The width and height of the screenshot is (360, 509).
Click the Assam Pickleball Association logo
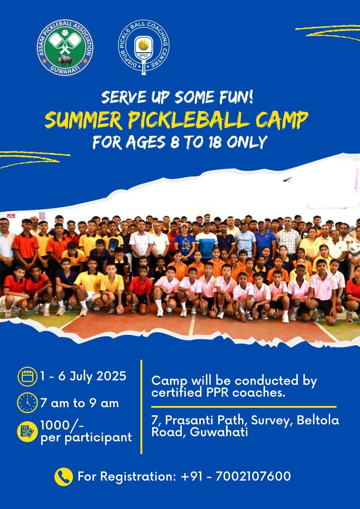65,47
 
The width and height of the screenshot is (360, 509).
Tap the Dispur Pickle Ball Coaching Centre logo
144,48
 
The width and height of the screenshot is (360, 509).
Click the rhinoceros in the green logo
65,60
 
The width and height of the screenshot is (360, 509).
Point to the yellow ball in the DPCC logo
144,45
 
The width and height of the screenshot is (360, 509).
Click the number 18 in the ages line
215,142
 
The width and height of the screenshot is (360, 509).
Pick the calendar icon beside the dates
27,377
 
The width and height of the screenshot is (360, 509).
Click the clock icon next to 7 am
27,403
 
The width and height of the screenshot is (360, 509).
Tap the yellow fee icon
27,432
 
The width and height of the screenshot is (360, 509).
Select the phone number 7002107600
253,476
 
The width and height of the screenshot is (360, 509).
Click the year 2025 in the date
111,376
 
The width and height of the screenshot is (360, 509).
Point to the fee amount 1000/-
62,424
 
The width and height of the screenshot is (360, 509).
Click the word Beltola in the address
318,420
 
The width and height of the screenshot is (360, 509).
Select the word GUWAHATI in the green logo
65,69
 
